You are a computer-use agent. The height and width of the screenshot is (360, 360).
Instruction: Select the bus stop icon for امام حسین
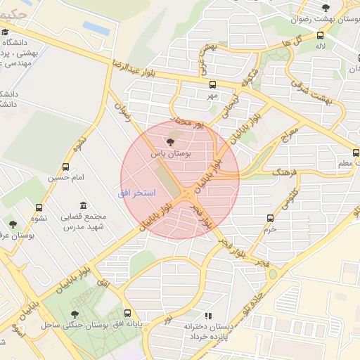[65, 167]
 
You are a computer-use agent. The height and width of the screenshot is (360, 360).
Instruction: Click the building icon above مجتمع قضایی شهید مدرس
[84, 205]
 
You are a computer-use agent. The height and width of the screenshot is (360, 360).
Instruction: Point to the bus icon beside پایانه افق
[127, 314]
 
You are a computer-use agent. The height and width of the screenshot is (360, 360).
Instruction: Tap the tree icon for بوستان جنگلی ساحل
[75, 314]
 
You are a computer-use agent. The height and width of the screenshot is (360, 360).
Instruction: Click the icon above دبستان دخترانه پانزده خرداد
[207, 316]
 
